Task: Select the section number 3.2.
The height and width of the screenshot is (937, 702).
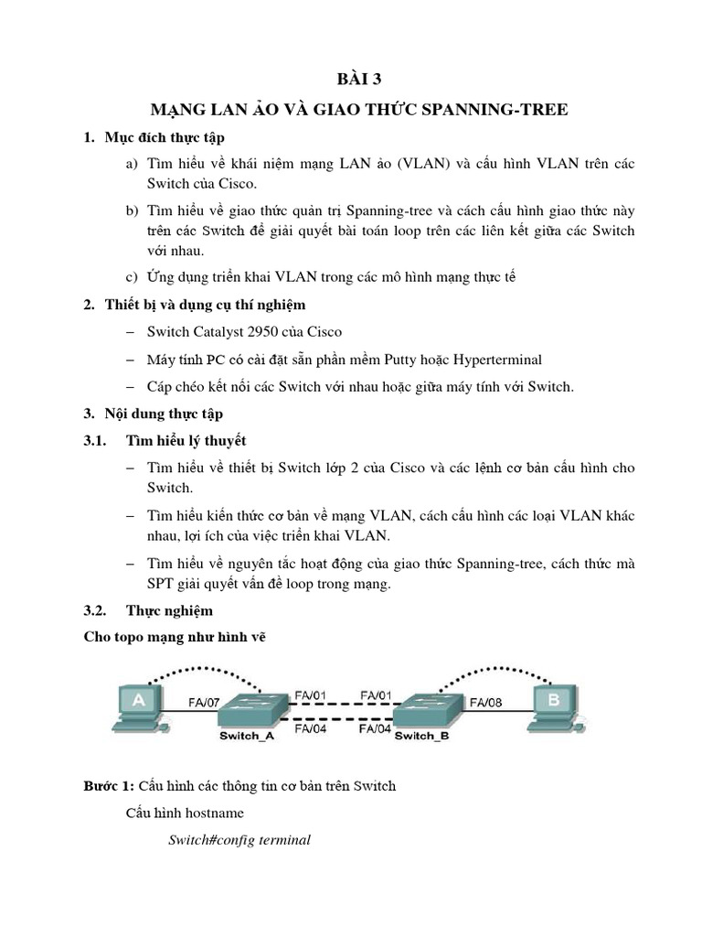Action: (96, 609)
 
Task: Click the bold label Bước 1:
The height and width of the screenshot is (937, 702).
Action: (109, 786)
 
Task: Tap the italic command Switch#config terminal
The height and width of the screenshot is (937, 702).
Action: (239, 839)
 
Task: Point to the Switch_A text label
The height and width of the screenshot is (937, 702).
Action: (247, 735)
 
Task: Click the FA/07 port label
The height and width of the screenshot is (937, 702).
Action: (205, 703)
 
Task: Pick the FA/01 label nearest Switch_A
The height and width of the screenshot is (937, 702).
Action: (311, 695)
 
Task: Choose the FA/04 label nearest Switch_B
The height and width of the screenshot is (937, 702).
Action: (376, 729)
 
